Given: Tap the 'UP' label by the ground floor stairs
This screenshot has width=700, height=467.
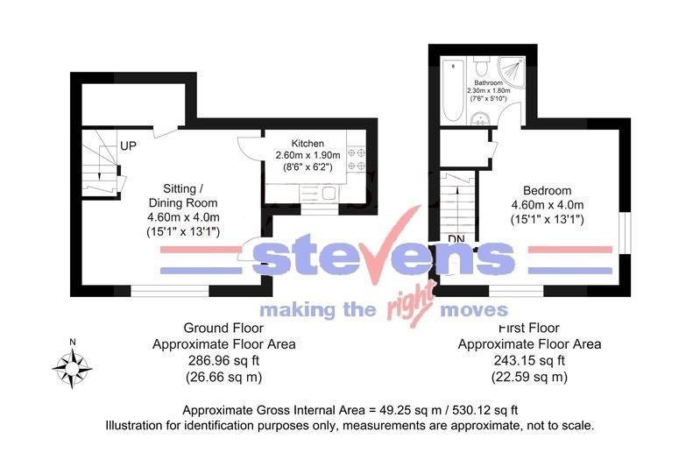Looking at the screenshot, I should tap(129, 145).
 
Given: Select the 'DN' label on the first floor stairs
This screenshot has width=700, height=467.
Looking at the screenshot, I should tap(456, 238).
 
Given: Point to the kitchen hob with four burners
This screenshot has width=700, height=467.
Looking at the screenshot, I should tap(357, 158).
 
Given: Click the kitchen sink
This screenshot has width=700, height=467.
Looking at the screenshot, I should tap(328, 193).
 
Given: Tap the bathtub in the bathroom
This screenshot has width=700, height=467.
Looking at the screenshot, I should tap(453, 88).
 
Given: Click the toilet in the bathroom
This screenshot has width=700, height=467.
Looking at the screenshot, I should tap(480, 67).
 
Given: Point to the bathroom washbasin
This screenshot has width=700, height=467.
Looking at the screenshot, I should tap(481, 123).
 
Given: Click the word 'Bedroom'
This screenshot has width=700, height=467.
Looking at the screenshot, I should tap(547, 191).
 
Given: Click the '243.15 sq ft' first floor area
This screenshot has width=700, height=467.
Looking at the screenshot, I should tap(530, 360).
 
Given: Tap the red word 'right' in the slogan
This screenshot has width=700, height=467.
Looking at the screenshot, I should tap(407, 308).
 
